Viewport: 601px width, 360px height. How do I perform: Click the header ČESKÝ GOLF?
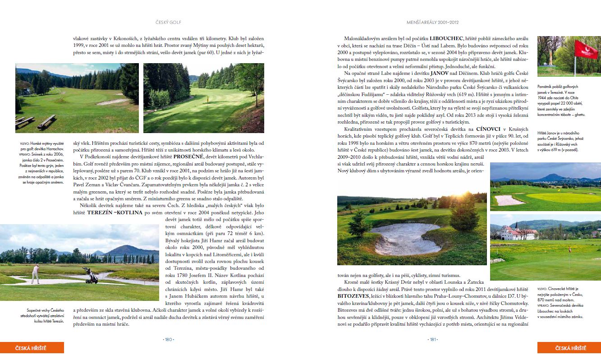click(x=168, y=22)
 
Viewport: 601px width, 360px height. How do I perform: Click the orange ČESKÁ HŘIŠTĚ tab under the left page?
click(x=32, y=348)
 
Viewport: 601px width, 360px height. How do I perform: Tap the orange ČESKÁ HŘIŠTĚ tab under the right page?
click(x=569, y=348)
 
